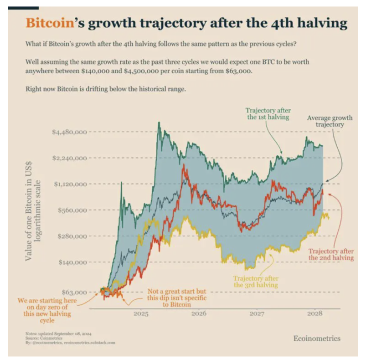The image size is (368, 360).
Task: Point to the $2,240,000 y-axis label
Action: coord(69,158)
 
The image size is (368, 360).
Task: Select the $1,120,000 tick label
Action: coord(69,184)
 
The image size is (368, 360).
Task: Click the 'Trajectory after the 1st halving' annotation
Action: coord(268,113)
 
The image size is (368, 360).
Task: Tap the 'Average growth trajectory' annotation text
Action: coord(329,121)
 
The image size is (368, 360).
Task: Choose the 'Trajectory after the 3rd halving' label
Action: coord(256,281)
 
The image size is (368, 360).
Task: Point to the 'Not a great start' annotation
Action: coord(169,297)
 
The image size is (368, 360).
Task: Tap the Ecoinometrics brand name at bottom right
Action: coord(316,338)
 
